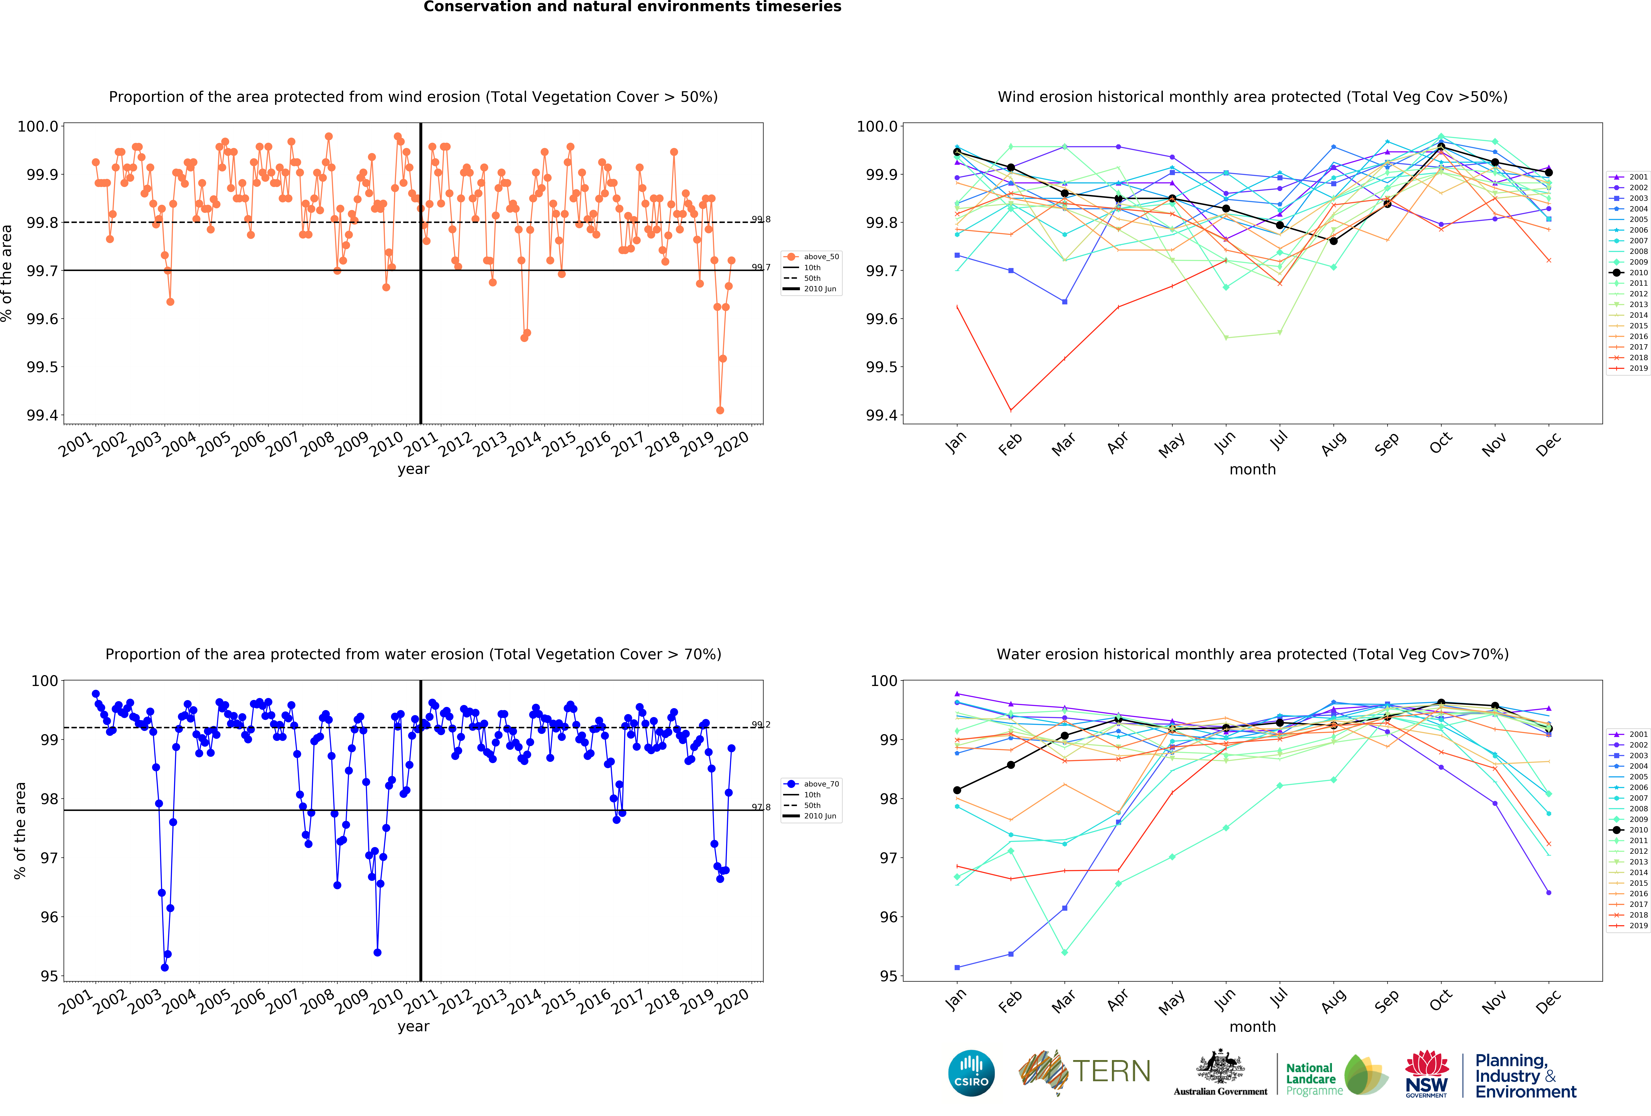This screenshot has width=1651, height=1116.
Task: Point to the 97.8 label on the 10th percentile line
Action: click(x=761, y=807)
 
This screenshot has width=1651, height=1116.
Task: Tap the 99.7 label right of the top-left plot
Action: click(x=761, y=267)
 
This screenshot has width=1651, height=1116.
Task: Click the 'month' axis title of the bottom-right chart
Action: click(x=1252, y=1026)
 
